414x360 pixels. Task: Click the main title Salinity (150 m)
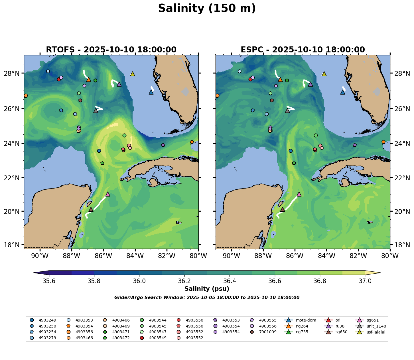(x=207, y=9)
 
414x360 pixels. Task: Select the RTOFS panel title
(x=111, y=50)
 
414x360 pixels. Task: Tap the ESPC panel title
(x=303, y=50)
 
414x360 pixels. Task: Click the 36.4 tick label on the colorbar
(x=230, y=281)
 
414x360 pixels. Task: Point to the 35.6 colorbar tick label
(x=49, y=281)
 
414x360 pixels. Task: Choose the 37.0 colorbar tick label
(x=365, y=281)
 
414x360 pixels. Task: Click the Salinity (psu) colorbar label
(x=207, y=289)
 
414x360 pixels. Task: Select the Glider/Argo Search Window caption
(x=207, y=298)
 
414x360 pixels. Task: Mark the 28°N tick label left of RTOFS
(x=13, y=73)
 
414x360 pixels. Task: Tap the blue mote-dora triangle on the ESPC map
(x=343, y=92)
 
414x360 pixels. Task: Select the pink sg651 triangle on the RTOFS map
(x=107, y=194)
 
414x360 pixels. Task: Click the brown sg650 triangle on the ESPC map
(x=282, y=210)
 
